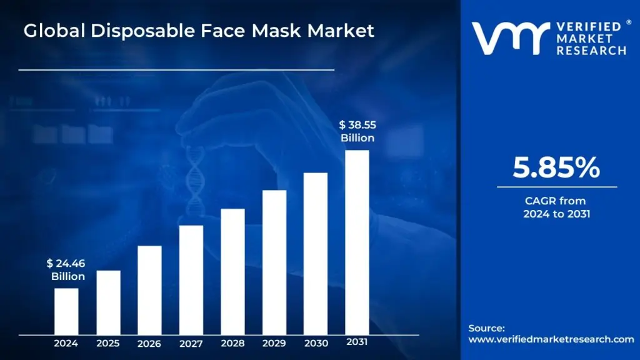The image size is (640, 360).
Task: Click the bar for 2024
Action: pos(66,311)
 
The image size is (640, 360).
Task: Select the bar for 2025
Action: pos(108,302)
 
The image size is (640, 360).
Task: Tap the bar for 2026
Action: pos(149,289)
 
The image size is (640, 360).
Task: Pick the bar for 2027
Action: pos(191,279)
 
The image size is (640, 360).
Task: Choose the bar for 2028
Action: pos(232,271)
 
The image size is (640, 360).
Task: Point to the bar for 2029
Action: pos(274,262)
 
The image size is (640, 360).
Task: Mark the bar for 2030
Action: pos(316,253)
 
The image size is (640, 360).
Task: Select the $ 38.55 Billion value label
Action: pos(357,131)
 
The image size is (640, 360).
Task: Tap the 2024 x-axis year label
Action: pos(66,343)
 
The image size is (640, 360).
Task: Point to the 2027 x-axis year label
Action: pos(191,343)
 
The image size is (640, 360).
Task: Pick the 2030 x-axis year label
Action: pos(316,343)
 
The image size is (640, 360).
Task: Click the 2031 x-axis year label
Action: pos(357,342)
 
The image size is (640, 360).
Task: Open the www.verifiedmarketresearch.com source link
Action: pos(551,339)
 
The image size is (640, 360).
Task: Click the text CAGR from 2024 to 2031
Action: pos(556,207)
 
